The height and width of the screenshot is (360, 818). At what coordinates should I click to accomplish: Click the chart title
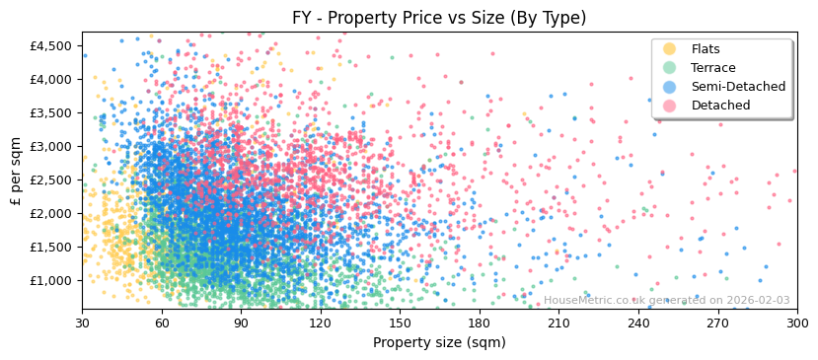(x=439, y=18)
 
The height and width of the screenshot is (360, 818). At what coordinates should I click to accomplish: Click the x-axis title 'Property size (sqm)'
(x=439, y=342)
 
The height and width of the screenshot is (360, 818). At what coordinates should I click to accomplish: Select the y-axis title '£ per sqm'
(x=16, y=171)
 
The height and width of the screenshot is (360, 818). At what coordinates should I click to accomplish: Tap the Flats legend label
(x=706, y=49)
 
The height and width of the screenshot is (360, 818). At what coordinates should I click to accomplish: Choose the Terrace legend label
(x=712, y=68)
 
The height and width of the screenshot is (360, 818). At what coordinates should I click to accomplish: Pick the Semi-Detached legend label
(x=738, y=87)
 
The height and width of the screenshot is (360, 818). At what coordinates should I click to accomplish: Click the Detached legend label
(x=720, y=106)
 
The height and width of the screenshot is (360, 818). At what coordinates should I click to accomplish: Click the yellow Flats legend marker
(x=670, y=49)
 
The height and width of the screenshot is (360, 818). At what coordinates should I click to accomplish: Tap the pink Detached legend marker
(x=670, y=106)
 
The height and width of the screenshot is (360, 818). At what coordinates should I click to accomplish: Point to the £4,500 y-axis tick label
(x=51, y=45)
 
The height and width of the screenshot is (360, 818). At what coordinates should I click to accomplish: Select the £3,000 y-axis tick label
(x=51, y=146)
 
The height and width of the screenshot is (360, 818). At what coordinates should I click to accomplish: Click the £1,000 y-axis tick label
(x=51, y=280)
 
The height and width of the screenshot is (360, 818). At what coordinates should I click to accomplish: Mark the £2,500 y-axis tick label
(x=51, y=180)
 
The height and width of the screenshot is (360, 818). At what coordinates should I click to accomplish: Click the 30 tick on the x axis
(x=82, y=323)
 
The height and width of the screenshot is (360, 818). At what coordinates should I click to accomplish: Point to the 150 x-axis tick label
(x=400, y=323)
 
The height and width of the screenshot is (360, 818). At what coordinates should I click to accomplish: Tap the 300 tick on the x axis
(x=797, y=323)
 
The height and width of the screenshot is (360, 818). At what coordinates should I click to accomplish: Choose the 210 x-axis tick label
(x=558, y=323)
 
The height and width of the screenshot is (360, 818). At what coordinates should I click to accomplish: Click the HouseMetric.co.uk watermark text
(x=666, y=301)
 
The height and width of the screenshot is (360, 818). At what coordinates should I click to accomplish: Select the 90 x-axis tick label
(x=241, y=323)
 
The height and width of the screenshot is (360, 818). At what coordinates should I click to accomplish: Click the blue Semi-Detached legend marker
(x=670, y=87)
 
